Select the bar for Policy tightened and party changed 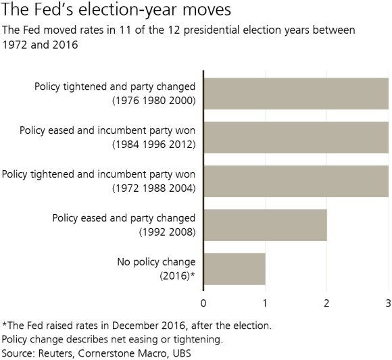pos(295,93)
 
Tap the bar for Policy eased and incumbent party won pos(295,137)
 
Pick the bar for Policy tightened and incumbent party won pos(295,181)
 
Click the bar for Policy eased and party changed pos(265,225)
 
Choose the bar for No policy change pos(234,269)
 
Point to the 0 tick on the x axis pos(203,302)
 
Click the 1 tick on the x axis pos(265,302)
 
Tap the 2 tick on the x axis pos(326,302)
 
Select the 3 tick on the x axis pos(388,302)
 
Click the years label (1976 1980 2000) pos(153,101)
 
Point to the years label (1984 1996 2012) pos(153,145)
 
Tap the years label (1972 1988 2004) pos(153,188)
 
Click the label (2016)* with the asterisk pos(177,276)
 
